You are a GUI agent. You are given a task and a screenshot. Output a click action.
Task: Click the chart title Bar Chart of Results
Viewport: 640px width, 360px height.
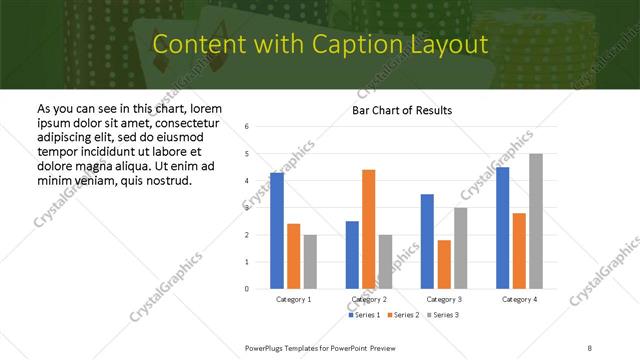[401, 110]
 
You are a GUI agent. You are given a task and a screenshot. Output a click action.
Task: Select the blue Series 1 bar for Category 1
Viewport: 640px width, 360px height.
[277, 231]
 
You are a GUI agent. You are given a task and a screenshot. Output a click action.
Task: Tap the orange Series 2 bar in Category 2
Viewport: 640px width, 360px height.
[369, 229]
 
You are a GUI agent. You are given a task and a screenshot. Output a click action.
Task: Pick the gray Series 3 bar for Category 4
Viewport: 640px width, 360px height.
[536, 221]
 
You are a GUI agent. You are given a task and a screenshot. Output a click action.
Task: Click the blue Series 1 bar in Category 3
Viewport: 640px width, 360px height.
[427, 241]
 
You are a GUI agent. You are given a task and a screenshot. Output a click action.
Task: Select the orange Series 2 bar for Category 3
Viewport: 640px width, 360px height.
[444, 264]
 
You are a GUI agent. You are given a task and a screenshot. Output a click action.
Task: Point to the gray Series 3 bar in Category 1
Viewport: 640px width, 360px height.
[310, 262]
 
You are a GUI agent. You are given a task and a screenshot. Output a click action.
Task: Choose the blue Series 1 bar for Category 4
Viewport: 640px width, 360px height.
[502, 228]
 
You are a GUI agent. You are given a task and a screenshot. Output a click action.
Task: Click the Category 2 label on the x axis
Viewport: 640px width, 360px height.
[369, 299]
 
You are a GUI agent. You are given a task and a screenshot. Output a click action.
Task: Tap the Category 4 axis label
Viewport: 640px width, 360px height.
[519, 299]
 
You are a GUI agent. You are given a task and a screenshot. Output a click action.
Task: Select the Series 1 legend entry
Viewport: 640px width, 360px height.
[363, 315]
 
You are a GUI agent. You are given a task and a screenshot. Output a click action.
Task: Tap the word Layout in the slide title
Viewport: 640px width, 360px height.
[445, 45]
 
